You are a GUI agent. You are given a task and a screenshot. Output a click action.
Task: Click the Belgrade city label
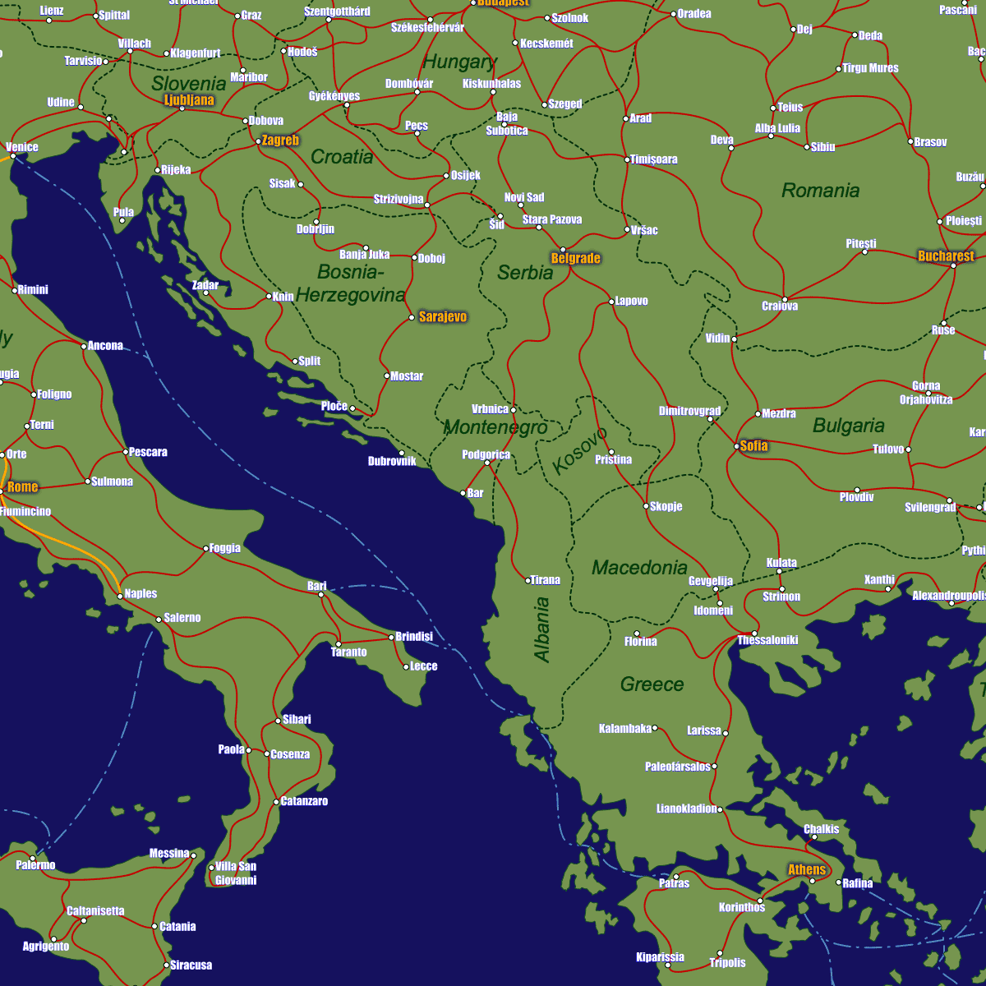[575, 258]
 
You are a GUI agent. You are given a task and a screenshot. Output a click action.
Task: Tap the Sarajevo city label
[442, 316]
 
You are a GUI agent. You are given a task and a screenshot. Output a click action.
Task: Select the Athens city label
[806, 869]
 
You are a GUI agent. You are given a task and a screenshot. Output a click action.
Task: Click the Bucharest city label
[945, 256]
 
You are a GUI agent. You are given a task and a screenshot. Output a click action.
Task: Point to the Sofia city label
[753, 445]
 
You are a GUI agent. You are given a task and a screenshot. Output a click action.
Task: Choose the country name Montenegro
[495, 427]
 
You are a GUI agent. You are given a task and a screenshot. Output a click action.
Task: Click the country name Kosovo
[580, 450]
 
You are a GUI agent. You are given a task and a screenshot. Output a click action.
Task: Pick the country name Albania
[541, 629]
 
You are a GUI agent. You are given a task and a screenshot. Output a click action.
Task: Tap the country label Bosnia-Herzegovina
[351, 283]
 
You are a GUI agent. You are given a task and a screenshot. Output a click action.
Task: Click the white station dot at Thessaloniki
[754, 633]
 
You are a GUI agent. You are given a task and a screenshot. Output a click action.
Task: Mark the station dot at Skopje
[646, 506]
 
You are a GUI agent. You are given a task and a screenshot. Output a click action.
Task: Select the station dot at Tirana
[528, 580]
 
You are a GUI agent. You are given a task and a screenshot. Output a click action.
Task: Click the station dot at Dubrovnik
[402, 453]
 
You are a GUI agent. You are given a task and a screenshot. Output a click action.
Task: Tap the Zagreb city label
[280, 140]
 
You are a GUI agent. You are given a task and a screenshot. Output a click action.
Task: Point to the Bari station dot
[321, 594]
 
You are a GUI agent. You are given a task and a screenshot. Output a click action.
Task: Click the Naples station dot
[120, 596]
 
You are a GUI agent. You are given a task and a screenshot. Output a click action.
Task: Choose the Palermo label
[36, 864]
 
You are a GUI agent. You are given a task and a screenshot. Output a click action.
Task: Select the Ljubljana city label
[189, 100]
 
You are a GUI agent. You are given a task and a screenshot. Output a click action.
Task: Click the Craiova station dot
[785, 299]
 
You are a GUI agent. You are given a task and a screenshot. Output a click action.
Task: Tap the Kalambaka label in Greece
[625, 728]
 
